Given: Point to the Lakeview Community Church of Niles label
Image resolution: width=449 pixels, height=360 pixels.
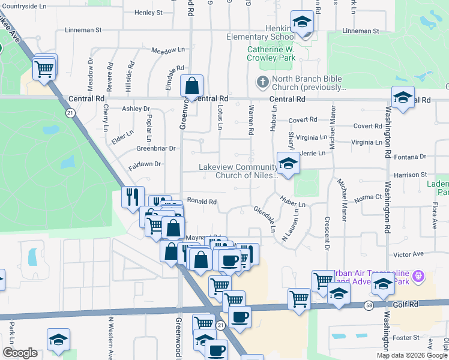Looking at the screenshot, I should tap(240, 172).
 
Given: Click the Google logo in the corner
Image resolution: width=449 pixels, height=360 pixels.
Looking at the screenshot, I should tap(20, 353).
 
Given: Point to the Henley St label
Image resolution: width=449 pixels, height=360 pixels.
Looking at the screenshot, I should tap(149, 12).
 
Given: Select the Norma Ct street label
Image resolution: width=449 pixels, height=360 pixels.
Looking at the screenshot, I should tap(369, 197).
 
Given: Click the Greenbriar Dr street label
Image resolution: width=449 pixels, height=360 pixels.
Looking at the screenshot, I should tap(155, 148).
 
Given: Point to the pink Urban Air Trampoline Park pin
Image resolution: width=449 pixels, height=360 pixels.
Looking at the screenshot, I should tap(419, 277).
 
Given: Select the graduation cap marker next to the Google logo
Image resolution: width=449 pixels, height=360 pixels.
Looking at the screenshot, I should tap(59, 340).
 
